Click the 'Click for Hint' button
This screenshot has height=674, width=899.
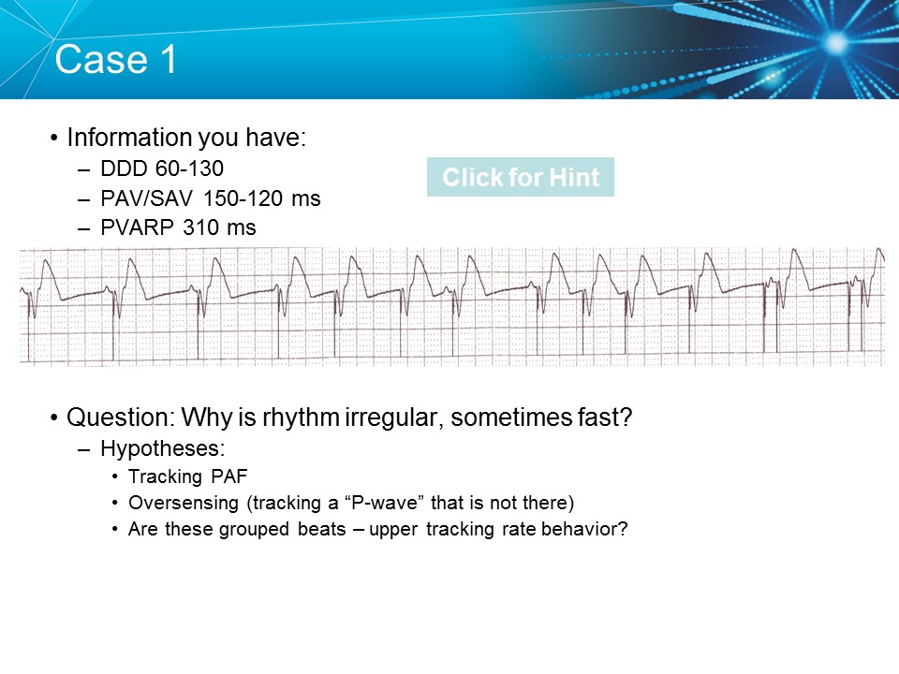point(520,178)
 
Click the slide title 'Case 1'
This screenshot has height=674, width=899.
point(116,60)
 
